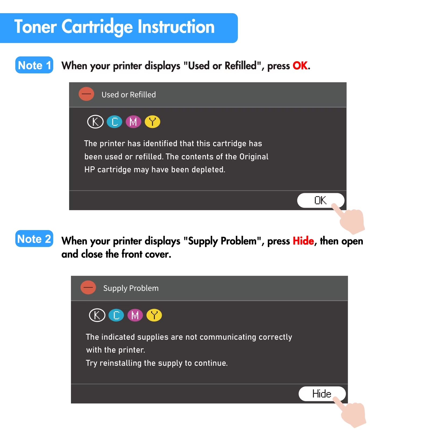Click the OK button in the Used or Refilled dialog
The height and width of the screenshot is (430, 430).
pos(321,200)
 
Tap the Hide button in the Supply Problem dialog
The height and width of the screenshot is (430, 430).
pos(322,394)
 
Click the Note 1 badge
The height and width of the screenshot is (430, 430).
pos(34,65)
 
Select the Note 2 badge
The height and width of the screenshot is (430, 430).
pos(34,239)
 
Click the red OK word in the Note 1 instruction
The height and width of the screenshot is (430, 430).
pos(300,66)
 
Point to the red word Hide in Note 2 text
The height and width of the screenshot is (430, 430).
pos(303,241)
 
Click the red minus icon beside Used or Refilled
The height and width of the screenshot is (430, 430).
pos(86,94)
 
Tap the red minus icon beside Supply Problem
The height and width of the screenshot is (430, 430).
pos(88,288)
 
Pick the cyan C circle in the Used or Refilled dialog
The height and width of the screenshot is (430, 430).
pos(114,122)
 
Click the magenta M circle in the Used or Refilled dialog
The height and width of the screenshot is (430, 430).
pos(133,122)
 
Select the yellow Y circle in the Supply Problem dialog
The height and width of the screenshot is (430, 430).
pos(154,315)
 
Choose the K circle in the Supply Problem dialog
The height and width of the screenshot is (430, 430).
pos(97,315)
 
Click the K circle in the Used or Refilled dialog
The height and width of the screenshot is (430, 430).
pos(95,122)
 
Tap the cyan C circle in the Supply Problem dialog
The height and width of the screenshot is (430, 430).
pos(116,315)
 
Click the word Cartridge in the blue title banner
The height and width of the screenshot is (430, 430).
pos(97,27)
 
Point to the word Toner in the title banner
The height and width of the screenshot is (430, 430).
pos(35,27)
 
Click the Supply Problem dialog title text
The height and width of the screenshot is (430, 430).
pos(131,288)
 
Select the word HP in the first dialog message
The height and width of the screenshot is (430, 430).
pos(89,170)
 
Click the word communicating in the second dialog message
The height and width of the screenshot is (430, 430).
pos(228,337)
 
